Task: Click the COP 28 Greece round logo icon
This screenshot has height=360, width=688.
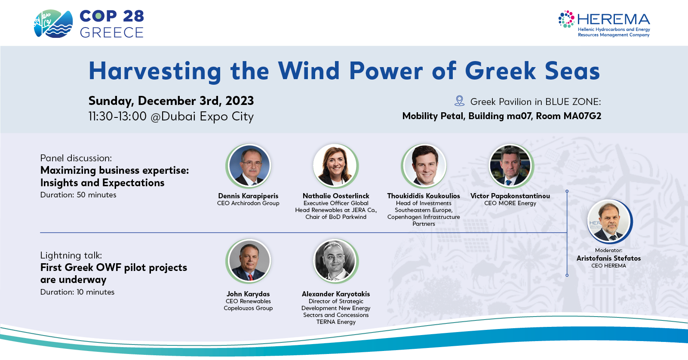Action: [x=53, y=24]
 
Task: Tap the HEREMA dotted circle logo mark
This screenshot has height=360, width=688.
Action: [x=566, y=19]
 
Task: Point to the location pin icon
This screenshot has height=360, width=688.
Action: [x=459, y=101]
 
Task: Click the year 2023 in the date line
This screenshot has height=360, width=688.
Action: [x=240, y=101]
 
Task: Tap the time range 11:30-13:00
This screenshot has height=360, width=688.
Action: [x=117, y=117]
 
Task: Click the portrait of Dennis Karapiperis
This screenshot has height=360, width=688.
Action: [x=249, y=166]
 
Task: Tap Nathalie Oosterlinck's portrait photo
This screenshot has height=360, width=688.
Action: [x=336, y=166]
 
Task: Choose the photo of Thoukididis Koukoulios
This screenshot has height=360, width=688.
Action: [x=424, y=166]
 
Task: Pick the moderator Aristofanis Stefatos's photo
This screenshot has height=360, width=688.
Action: [x=609, y=222]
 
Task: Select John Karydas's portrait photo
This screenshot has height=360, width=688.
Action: [x=249, y=261]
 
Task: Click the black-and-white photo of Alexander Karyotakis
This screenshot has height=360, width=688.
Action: [x=336, y=261]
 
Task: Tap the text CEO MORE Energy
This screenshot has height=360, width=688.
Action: [x=510, y=203]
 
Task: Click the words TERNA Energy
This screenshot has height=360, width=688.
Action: [x=336, y=322]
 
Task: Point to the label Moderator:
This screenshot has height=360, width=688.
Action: [x=608, y=250]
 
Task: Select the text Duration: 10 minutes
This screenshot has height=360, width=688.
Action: [x=77, y=292]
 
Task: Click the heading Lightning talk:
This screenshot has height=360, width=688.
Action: [x=71, y=255]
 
